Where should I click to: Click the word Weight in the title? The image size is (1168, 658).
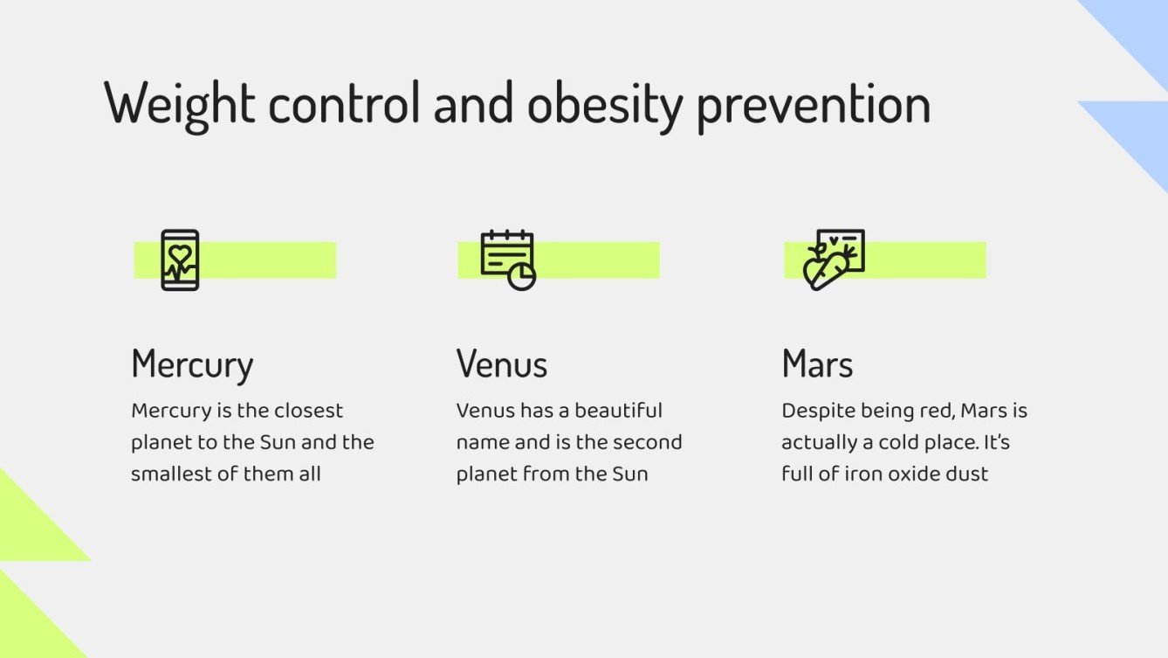(x=179, y=104)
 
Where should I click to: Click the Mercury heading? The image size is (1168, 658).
(x=192, y=364)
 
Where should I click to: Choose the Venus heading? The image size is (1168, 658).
(x=502, y=364)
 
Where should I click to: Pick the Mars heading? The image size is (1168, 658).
(x=817, y=364)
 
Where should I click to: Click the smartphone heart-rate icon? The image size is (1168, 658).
(x=180, y=260)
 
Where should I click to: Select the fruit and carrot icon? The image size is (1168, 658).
(x=833, y=260)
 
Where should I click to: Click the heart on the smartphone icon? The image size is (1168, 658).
(x=180, y=254)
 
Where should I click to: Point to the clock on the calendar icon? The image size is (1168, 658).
(x=522, y=276)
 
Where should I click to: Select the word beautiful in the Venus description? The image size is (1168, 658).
(x=619, y=411)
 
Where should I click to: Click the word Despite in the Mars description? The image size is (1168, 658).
(x=813, y=411)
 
